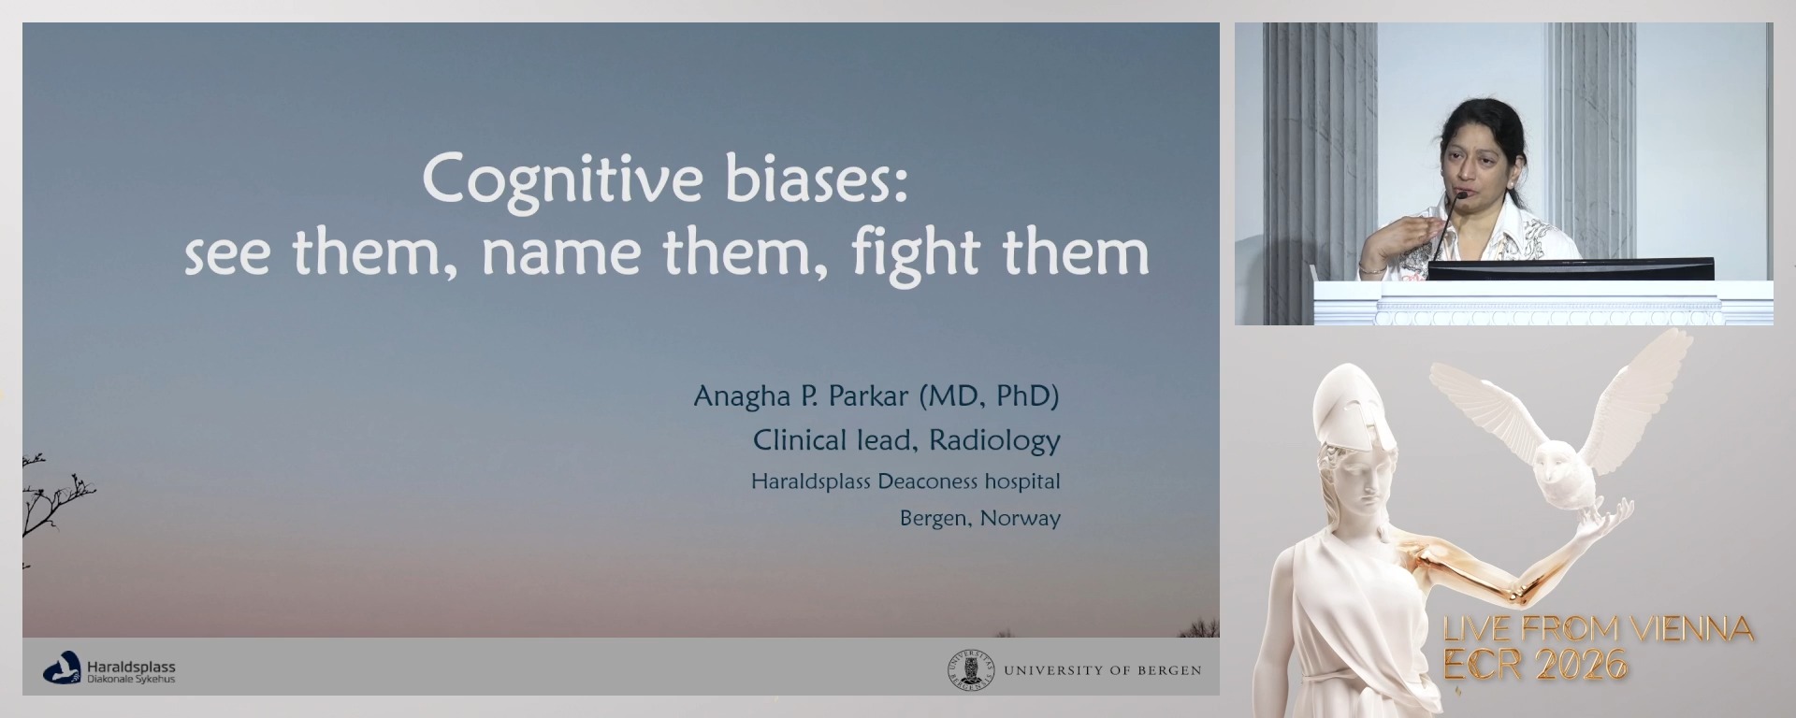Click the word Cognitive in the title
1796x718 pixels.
[562, 180]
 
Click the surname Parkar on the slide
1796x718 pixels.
[869, 396]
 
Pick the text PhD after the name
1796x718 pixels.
[1026, 396]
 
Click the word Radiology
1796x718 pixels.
[994, 440]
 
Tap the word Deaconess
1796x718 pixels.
[927, 481]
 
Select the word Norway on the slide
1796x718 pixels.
[1020, 519]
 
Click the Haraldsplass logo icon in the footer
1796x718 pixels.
[62, 668]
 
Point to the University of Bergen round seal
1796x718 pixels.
[971, 670]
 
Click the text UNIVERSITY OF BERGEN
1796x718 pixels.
[1103, 670]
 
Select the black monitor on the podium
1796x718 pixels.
[1571, 268]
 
